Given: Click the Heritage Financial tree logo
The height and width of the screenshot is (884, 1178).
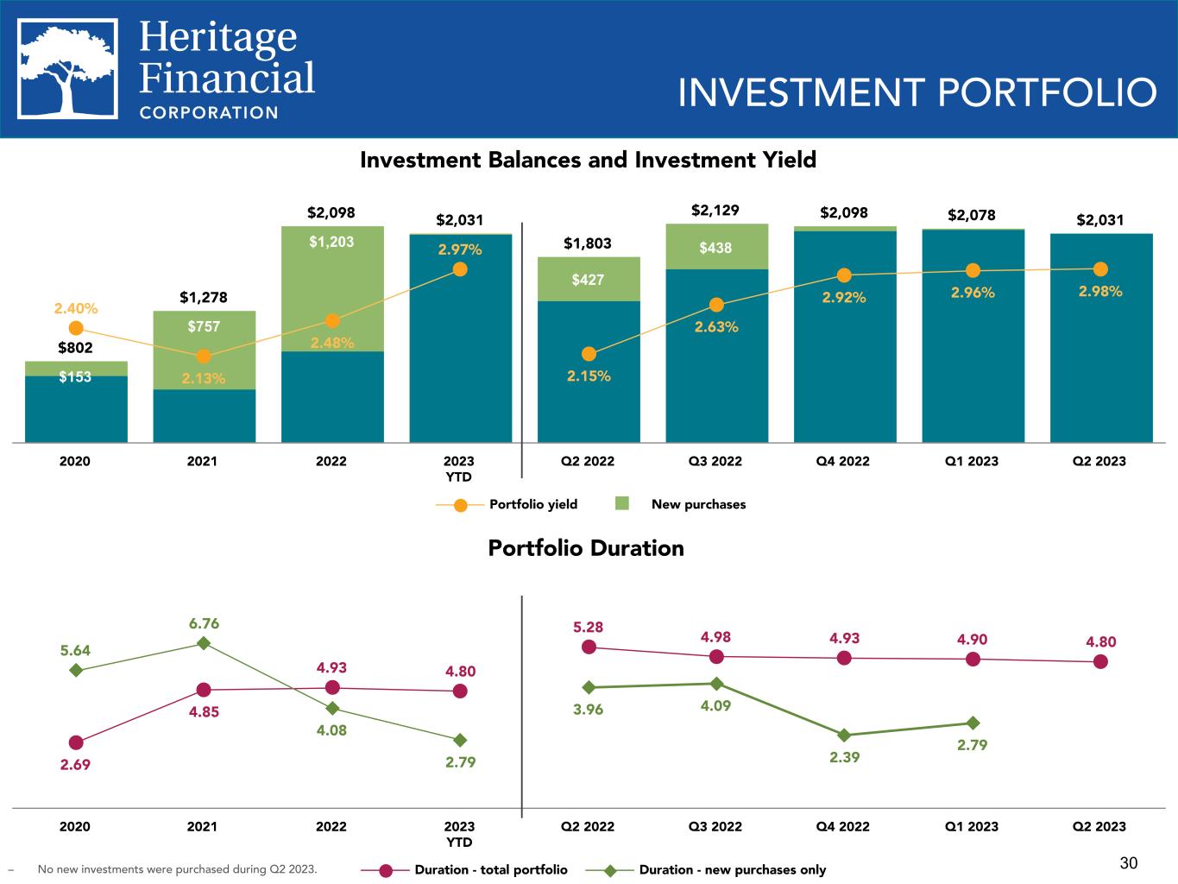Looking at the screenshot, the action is [x=67, y=68].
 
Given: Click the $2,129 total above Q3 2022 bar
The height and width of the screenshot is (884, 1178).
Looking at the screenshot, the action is [x=715, y=211].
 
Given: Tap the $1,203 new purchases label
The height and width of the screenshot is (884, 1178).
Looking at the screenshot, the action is [x=331, y=242].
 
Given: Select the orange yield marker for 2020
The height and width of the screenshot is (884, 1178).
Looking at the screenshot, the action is [x=76, y=328].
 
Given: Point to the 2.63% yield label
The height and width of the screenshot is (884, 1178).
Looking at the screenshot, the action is [x=716, y=327].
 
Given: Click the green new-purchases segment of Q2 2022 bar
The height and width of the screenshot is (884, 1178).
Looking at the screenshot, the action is [x=589, y=279].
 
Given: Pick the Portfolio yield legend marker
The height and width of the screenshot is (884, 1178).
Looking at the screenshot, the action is [x=461, y=505].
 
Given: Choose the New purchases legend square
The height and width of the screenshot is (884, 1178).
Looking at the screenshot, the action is [x=622, y=503].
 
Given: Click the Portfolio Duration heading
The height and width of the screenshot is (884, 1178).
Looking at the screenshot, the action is [x=586, y=548].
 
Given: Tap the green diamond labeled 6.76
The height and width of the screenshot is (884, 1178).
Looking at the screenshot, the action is [x=204, y=643].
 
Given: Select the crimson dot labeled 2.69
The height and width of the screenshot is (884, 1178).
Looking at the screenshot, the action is [x=76, y=742].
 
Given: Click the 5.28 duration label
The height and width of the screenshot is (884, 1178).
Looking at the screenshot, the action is [x=589, y=627].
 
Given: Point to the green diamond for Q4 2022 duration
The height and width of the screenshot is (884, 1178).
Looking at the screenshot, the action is [x=844, y=735].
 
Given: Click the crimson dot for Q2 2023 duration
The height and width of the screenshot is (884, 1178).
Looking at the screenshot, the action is [x=1100, y=662].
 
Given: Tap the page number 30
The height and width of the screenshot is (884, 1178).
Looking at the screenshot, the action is [x=1129, y=863].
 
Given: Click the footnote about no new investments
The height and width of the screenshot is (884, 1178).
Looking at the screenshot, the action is [x=177, y=869].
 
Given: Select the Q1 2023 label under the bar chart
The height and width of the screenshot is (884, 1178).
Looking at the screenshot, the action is [x=972, y=461].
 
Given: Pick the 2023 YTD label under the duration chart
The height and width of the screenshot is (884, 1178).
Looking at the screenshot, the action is [x=459, y=834].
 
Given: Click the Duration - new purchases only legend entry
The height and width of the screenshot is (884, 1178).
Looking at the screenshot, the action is [x=706, y=870].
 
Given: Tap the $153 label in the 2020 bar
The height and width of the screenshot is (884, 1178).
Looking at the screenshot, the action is [x=75, y=376].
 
